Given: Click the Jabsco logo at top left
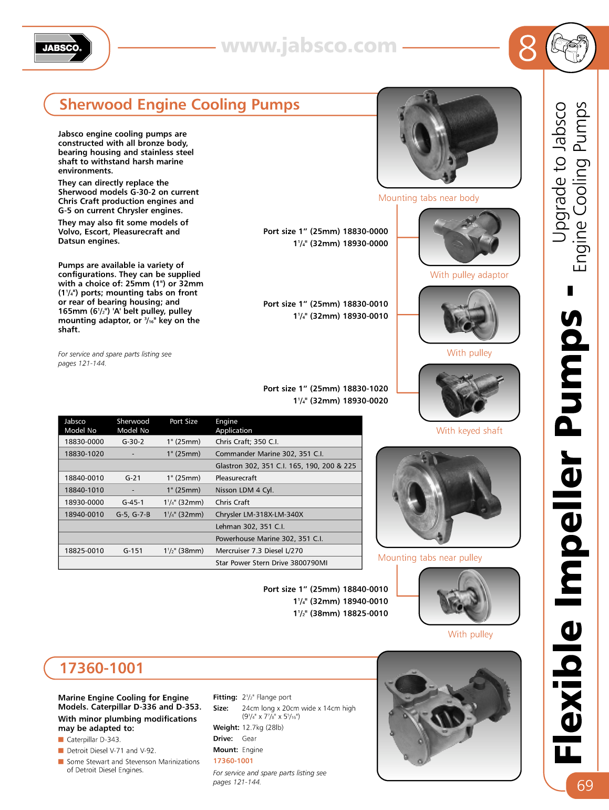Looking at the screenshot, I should [63, 48].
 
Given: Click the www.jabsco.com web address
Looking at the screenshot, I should [308, 46].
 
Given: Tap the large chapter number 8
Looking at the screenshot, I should [527, 48].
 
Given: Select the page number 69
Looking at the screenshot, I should [585, 785].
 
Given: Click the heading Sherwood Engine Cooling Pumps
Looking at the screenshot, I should [179, 105].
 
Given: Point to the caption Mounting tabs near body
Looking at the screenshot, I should [428, 198].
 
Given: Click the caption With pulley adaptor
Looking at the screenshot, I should [469, 275].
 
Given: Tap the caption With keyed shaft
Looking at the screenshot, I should [469, 431].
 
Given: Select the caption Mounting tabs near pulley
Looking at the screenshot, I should [429, 558].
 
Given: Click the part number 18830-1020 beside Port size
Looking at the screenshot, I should [365, 389].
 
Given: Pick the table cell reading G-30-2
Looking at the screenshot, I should [133, 442].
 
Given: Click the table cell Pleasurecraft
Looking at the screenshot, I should [236, 478].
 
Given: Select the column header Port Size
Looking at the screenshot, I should [183, 421].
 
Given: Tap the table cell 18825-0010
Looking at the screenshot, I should [84, 551].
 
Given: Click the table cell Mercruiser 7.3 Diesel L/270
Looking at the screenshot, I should [259, 551].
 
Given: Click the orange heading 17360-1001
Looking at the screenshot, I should [101, 668].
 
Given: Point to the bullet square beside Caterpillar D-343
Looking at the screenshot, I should [61, 740].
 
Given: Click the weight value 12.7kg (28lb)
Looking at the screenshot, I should [263, 727].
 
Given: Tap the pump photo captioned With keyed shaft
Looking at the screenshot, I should [469, 393].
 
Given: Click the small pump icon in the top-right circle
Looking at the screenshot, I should [571, 48].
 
